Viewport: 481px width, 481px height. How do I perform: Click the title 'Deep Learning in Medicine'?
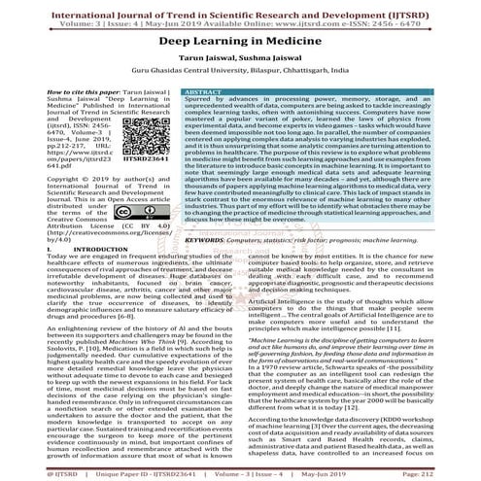pyautogui.click(x=239, y=43)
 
